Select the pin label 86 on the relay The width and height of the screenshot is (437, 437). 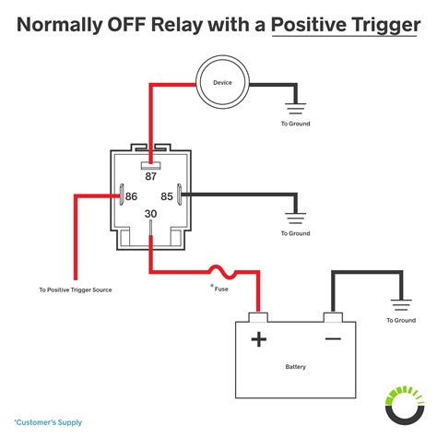click(x=132, y=195)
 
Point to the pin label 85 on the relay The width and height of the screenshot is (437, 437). click(x=168, y=195)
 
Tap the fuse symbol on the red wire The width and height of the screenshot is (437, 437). click(x=224, y=272)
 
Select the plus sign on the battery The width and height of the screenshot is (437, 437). click(x=259, y=340)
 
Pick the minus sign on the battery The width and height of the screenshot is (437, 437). click(x=333, y=339)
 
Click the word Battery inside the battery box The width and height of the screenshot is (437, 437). click(x=295, y=366)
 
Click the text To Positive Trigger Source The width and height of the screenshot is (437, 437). click(x=77, y=289)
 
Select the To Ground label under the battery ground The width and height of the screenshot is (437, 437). click(x=401, y=320)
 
